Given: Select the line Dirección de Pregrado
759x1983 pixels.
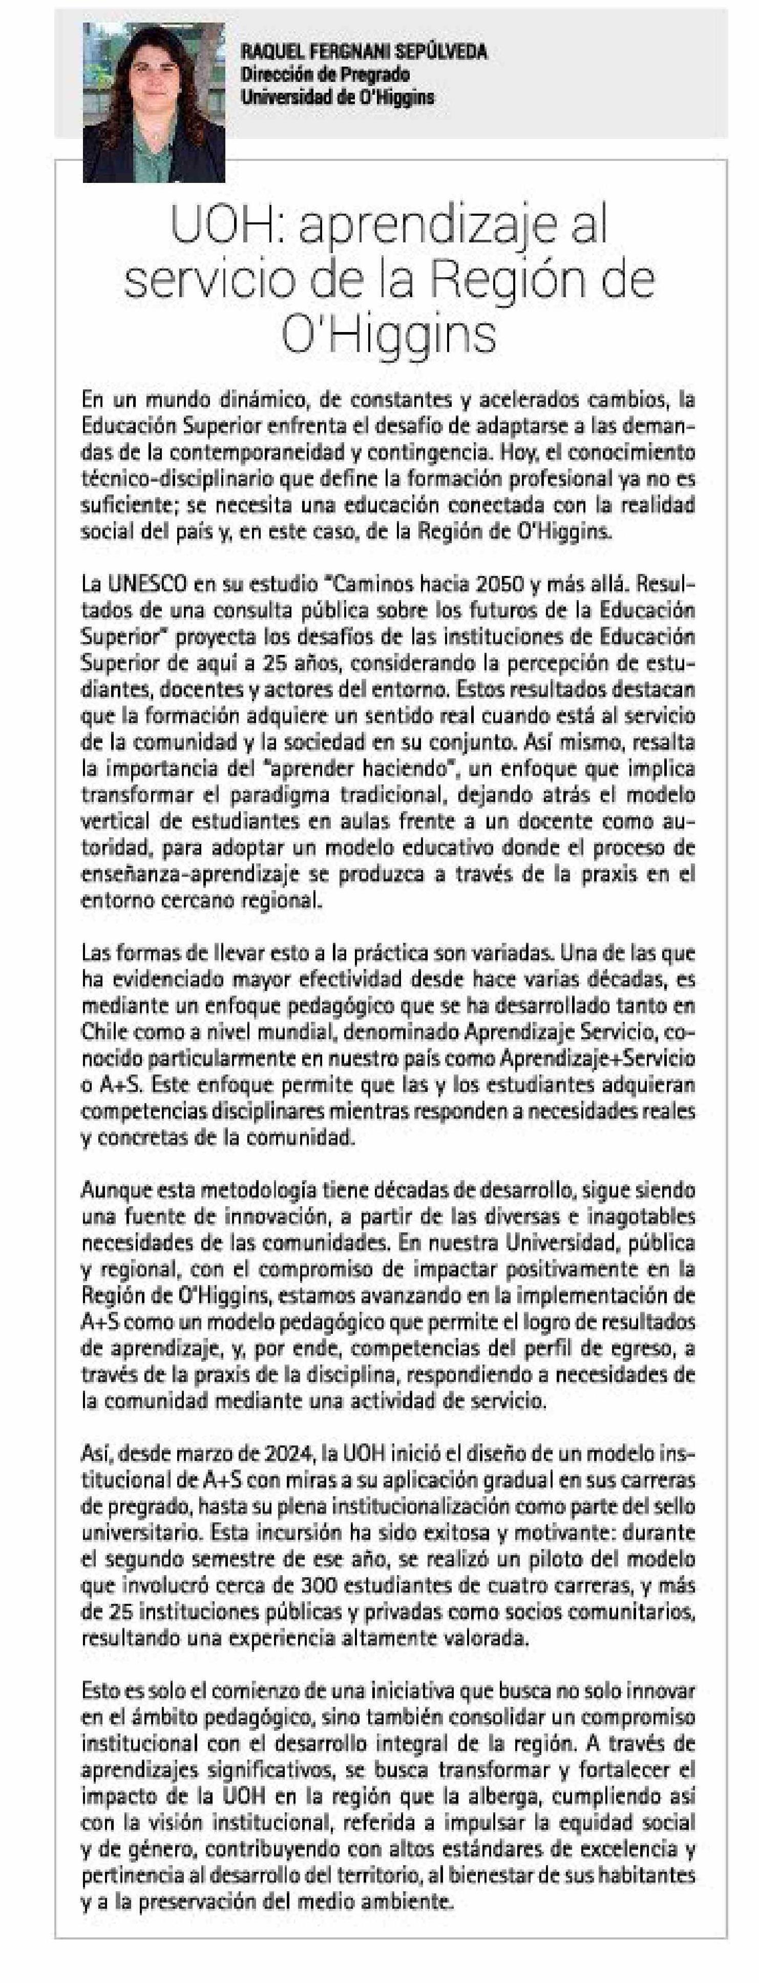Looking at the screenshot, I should tap(324, 75).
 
